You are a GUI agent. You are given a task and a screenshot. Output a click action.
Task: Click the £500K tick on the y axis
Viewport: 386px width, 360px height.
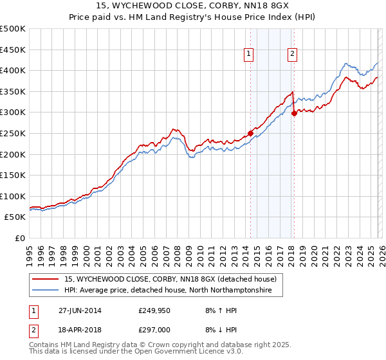click(13, 29)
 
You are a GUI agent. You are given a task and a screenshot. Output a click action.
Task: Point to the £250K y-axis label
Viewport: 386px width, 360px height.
click(13, 133)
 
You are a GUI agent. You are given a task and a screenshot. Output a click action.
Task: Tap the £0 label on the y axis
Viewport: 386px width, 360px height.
click(19, 238)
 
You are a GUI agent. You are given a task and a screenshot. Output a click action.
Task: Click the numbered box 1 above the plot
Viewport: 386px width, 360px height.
click(248, 55)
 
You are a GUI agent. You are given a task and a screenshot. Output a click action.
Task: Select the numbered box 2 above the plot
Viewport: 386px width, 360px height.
click(293, 55)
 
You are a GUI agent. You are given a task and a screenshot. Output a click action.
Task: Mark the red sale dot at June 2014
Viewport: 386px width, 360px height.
click(250, 134)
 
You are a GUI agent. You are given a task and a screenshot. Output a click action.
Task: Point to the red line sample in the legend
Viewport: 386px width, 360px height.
click(46, 279)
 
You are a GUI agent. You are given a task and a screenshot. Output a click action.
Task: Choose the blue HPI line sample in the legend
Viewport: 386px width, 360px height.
click(46, 291)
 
